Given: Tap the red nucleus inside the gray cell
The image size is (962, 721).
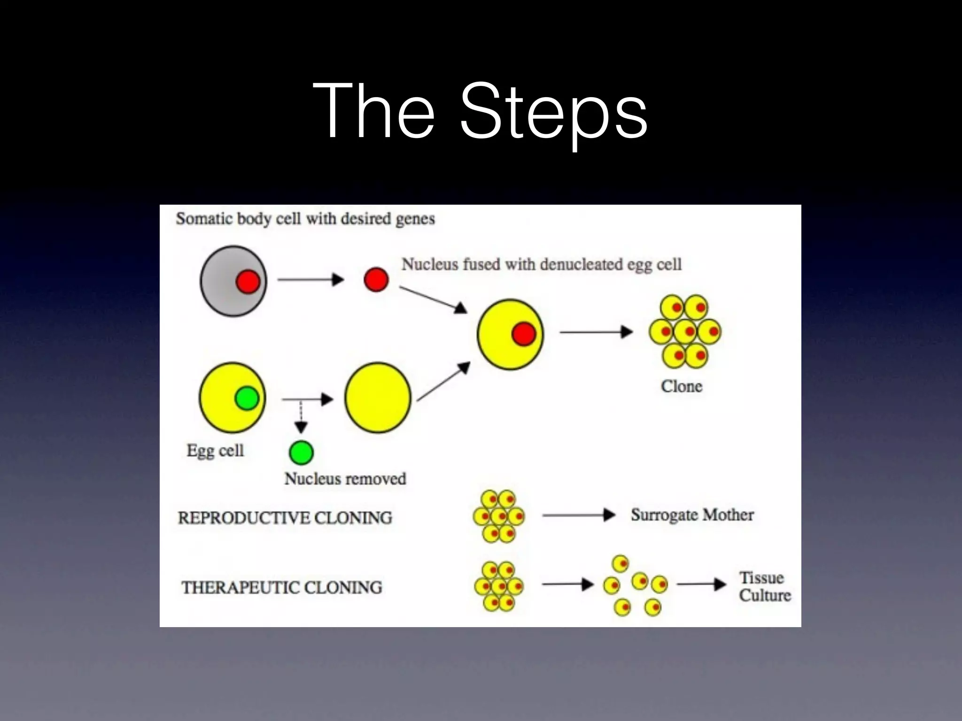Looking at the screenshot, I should (248, 282).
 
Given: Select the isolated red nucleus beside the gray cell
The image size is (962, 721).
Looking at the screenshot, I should (376, 280).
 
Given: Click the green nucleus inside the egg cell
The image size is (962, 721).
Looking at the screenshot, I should (247, 399).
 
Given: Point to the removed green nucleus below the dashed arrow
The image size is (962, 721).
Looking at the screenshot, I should (301, 453).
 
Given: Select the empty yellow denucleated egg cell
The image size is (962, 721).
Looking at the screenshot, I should (378, 398).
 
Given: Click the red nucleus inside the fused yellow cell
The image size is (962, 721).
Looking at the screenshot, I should (523, 334).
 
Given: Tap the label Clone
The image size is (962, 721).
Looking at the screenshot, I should (681, 386).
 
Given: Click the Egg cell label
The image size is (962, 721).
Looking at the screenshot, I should (215, 451).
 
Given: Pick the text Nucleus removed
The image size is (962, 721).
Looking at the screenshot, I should (345, 479).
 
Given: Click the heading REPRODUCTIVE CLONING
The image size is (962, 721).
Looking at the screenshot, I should (285, 518).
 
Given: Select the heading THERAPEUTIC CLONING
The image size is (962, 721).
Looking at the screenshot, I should (282, 588).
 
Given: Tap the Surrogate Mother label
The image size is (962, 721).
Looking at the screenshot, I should (692, 515).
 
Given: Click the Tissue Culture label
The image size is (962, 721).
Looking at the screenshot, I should (764, 587).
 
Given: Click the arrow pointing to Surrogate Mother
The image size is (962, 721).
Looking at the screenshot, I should (578, 515).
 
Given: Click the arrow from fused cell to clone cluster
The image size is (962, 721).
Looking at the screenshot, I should (596, 332).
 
